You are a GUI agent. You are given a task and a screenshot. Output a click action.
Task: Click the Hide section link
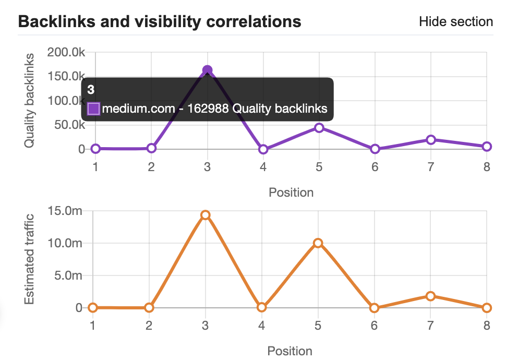[455, 22]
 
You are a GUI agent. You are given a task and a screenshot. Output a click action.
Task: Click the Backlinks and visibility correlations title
[160, 22]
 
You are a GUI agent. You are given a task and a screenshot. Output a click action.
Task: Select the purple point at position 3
[207, 70]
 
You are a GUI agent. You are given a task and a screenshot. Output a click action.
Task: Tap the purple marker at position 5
[319, 128]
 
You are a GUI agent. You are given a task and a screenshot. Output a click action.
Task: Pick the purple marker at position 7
[431, 140]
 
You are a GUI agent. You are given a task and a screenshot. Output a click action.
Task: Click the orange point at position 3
[206, 215]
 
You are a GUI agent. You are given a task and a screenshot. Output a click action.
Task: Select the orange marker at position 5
[318, 243]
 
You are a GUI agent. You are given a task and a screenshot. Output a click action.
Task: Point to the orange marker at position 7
[430, 296]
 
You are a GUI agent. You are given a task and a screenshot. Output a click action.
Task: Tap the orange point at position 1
[93, 308]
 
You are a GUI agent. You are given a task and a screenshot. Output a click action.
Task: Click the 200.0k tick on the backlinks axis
[66, 52]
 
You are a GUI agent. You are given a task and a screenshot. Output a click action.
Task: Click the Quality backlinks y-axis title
[30, 100]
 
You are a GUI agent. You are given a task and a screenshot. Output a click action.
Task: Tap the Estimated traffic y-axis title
[30, 259]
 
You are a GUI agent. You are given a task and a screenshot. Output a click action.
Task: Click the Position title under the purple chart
[291, 193]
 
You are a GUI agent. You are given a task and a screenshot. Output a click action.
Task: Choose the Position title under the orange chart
[290, 351]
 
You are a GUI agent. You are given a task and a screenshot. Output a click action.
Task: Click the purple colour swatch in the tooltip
[93, 109]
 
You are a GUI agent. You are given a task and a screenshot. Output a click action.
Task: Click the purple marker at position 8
[487, 147]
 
